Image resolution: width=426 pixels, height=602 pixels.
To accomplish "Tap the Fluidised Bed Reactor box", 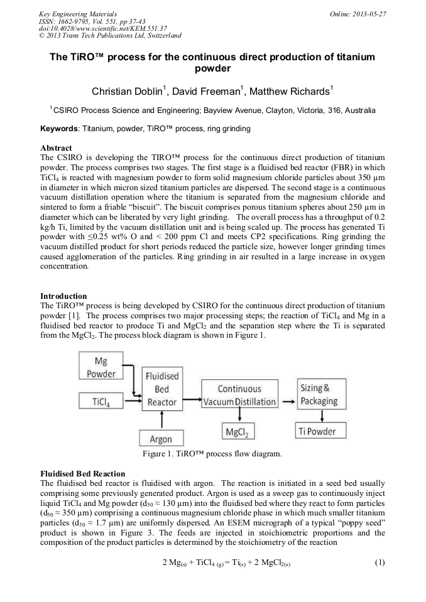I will pyautogui.click(x=162, y=389).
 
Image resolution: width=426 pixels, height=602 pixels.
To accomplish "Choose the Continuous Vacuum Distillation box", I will pyautogui.click(x=239, y=395).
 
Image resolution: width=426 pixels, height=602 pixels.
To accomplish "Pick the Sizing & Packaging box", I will pyautogui.click(x=319, y=395).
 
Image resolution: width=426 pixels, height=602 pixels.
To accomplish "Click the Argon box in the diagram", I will pyautogui.click(x=161, y=439).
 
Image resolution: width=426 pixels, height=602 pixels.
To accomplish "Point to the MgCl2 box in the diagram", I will pyautogui.click(x=239, y=432).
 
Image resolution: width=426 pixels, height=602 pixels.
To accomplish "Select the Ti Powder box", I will pyautogui.click(x=319, y=431).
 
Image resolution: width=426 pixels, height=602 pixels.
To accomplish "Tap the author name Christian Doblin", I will pyautogui.click(x=128, y=92).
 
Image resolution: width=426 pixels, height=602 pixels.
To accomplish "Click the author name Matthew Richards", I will pyautogui.click(x=290, y=92).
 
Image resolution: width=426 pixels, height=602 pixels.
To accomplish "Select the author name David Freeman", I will pyautogui.click(x=207, y=92).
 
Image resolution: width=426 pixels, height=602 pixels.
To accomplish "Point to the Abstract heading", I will pyautogui.click(x=56, y=148).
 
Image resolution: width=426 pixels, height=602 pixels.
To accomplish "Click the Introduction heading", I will pyautogui.click(x=63, y=296).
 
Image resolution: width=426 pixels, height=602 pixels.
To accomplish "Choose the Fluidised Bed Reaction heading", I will pyautogui.click(x=82, y=473).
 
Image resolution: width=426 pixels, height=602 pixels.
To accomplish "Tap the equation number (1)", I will pyautogui.click(x=379, y=562).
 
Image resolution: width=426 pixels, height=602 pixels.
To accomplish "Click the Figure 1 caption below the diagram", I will pyautogui.click(x=212, y=453).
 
